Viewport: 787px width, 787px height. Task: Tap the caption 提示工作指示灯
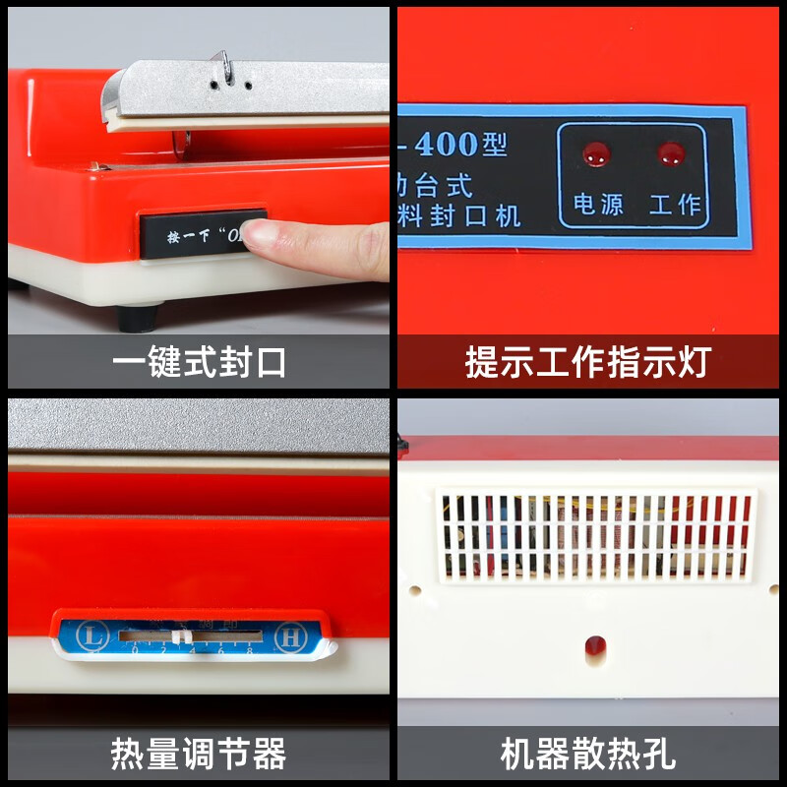[587, 362]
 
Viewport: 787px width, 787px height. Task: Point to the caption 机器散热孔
[587, 755]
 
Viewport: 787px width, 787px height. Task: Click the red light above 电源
[594, 153]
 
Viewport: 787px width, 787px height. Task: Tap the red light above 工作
[672, 152]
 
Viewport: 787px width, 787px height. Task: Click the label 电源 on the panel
[598, 204]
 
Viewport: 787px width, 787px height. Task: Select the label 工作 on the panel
[675, 204]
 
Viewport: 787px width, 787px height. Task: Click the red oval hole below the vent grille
[593, 646]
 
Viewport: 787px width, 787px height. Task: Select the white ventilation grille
[595, 534]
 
